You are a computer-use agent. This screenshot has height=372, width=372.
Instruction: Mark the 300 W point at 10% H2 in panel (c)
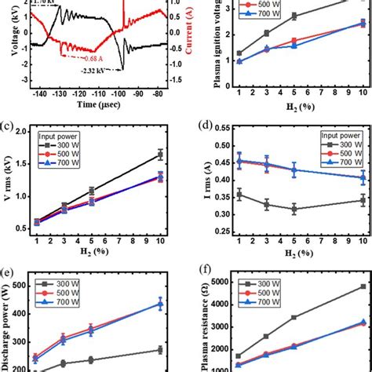(x=159, y=155)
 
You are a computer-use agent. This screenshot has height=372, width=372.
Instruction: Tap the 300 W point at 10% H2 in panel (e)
(x=159, y=350)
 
